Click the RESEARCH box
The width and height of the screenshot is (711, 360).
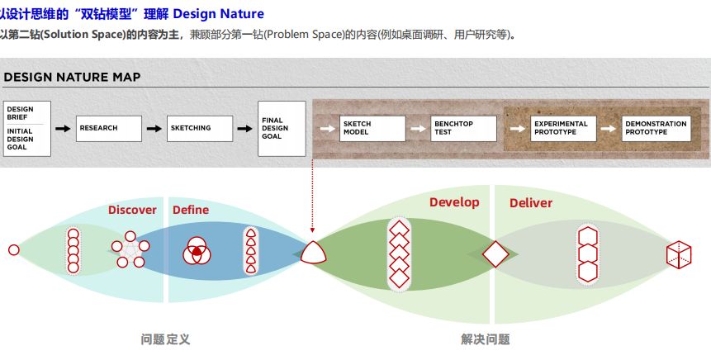pyautogui.click(x=109, y=128)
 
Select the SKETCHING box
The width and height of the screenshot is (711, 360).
pyautogui.click(x=200, y=128)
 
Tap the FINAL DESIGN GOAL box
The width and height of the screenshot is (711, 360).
pyautogui.click(x=282, y=128)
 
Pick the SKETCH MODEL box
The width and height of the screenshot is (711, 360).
pyautogui.click(x=372, y=128)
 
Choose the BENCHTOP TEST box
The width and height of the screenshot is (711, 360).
pyautogui.click(x=463, y=128)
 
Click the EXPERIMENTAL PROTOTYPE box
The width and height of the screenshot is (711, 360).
pyautogui.click(x=563, y=128)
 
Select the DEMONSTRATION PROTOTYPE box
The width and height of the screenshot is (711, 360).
pyautogui.click(x=656, y=128)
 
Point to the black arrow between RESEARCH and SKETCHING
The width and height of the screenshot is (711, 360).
pyautogui.click(x=154, y=129)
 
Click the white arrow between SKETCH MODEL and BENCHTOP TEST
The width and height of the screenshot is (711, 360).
pyautogui.click(x=418, y=129)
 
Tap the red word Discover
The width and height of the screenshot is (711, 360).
pyautogui.click(x=132, y=210)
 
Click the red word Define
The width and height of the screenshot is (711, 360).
pyautogui.click(x=191, y=210)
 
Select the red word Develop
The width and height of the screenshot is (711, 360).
pyautogui.click(x=454, y=202)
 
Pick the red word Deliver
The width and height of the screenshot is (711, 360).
pyautogui.click(x=530, y=202)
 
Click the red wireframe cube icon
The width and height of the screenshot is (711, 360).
pyautogui.click(x=679, y=254)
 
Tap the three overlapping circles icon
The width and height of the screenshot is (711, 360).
pyautogui.click(x=197, y=251)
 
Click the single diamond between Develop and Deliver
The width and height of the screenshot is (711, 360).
pyautogui.click(x=495, y=254)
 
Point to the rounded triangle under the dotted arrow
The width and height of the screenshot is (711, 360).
pyautogui.click(x=313, y=253)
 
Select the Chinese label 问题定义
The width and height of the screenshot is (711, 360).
pyautogui.click(x=165, y=339)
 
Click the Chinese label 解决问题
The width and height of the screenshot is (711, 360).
pyautogui.click(x=486, y=339)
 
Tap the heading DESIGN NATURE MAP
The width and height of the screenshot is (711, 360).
pyautogui.click(x=72, y=77)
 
